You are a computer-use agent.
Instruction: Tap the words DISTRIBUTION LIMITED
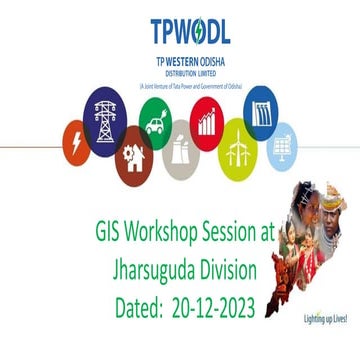pyautogui.click(x=180, y=73)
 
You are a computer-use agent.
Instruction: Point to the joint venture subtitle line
pyautogui.click(x=180, y=83)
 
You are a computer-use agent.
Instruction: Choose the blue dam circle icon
pyautogui.click(x=261, y=108)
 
